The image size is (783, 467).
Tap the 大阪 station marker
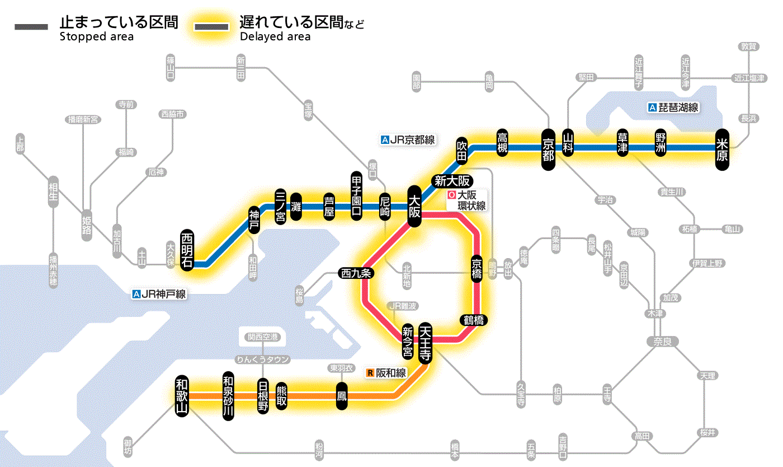click(414, 207)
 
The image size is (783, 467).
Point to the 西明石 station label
click(187, 250)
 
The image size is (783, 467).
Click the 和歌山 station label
click(182, 395)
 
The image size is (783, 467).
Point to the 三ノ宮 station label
click(281, 206)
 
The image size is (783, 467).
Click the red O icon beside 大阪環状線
click(451, 196)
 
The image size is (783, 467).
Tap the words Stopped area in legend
click(97, 37)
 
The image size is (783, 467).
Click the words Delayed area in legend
click(275, 37)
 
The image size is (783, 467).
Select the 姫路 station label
click(87, 224)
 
